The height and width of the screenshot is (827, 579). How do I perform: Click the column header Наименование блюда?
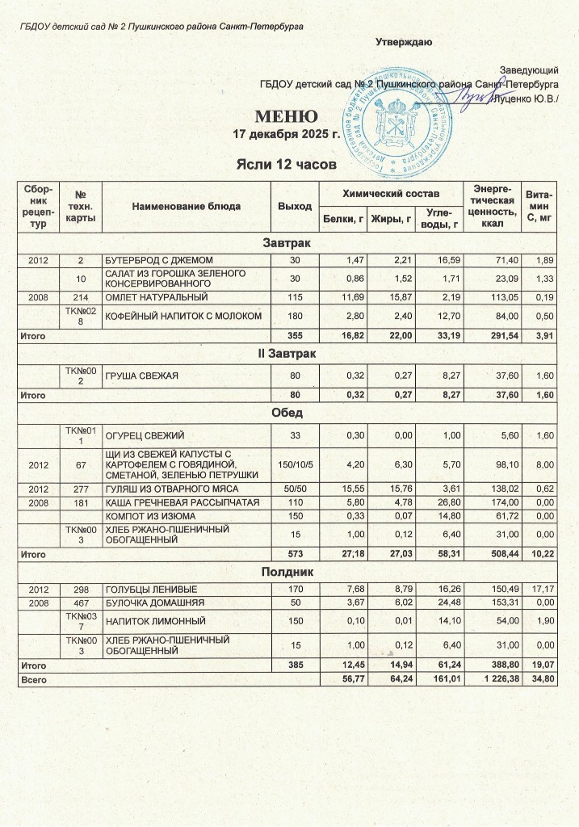point(186,206)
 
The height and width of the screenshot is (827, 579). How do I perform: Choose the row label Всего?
point(33,680)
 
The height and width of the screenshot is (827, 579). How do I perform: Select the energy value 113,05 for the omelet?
point(493,296)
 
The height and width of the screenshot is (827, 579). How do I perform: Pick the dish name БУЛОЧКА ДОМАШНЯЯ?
point(144,602)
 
